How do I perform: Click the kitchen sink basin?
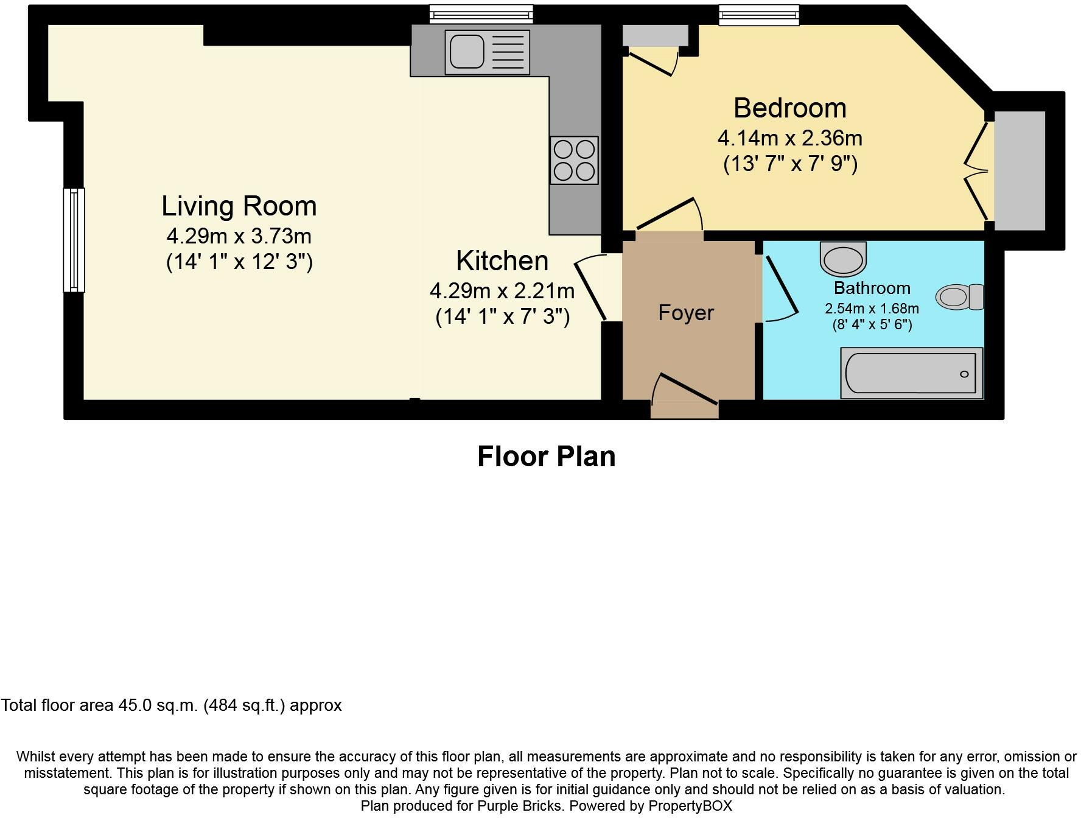click(x=466, y=51)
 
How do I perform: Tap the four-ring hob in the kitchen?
click(x=574, y=160)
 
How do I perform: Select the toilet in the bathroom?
click(x=959, y=297)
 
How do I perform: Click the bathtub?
click(x=911, y=373)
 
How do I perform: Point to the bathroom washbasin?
click(x=843, y=259)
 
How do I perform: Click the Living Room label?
click(x=239, y=206)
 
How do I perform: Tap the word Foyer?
click(x=686, y=313)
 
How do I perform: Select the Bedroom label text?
click(x=789, y=108)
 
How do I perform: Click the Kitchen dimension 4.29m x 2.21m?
click(x=502, y=291)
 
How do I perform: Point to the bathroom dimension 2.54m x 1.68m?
click(x=872, y=309)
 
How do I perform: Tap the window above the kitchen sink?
click(x=481, y=13)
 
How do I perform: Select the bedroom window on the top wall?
click(x=758, y=15)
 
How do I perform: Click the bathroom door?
click(x=781, y=289)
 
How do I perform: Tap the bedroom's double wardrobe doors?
click(x=977, y=171)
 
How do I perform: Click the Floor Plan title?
click(x=546, y=456)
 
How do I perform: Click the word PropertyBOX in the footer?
click(x=690, y=806)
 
